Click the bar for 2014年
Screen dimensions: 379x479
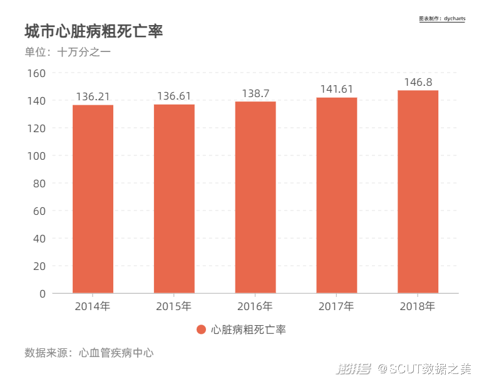coord(93,199)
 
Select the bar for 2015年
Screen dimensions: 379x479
coord(174,199)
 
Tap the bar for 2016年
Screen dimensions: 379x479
coord(255,197)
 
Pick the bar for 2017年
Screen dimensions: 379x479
coord(337,195)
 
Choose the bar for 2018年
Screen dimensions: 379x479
coord(418,192)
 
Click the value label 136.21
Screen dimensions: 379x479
coord(93,96)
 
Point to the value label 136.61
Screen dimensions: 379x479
coord(174,96)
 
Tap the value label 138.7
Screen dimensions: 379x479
coord(255,93)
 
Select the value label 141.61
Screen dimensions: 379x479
coord(337,90)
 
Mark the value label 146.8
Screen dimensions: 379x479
coord(418,82)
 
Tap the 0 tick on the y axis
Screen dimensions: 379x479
coord(43,293)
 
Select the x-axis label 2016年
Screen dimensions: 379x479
coord(255,306)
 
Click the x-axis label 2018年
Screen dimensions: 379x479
coord(417,306)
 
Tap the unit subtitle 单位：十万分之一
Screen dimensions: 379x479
coord(68,53)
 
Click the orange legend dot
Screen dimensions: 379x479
coord(201,330)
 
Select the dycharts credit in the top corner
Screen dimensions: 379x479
coord(442,19)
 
